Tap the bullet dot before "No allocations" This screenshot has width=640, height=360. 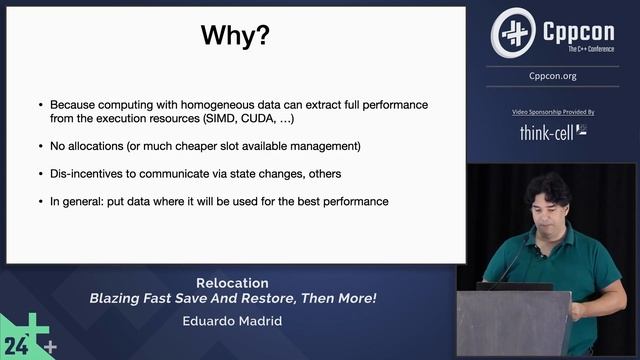click(x=40, y=146)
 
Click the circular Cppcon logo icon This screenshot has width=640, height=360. click(x=513, y=33)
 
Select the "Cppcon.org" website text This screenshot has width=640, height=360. click(x=552, y=75)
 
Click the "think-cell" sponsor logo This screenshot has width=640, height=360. click(x=552, y=131)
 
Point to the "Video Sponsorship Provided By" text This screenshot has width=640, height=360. click(x=552, y=112)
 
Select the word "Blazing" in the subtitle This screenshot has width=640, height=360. click(x=115, y=298)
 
